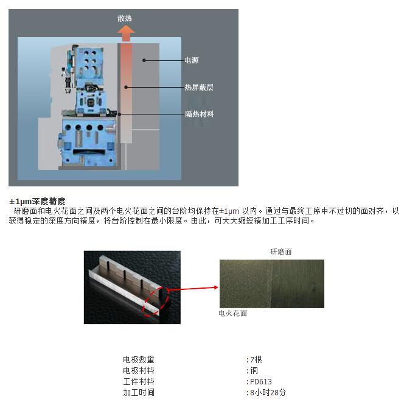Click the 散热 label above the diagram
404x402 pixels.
point(125,18)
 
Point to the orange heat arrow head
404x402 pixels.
point(126,30)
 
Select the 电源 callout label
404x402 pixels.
point(192,60)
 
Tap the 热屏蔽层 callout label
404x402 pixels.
point(199,88)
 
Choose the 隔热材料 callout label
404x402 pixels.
point(200,114)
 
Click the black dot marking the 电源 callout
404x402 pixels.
point(144,60)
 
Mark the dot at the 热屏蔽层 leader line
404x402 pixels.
point(126,88)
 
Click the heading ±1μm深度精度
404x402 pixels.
point(37,201)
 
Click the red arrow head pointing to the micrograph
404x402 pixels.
point(216,287)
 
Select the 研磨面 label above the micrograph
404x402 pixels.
point(281,252)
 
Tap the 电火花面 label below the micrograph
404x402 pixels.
point(232,313)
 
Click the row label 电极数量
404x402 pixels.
point(139,359)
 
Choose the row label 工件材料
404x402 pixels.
point(139,382)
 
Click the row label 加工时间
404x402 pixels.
point(139,392)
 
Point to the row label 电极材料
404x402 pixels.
point(139,370)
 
